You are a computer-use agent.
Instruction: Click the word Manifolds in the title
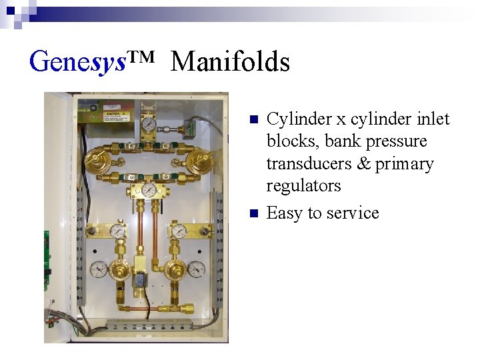click(230, 62)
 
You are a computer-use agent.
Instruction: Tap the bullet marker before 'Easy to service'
click(253, 214)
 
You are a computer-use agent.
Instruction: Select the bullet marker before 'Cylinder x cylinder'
click(253, 120)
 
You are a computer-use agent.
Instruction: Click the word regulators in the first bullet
click(303, 186)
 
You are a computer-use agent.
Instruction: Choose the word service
click(353, 213)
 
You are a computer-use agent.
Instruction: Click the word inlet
click(430, 119)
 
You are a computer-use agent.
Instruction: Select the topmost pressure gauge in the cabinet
click(149, 125)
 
